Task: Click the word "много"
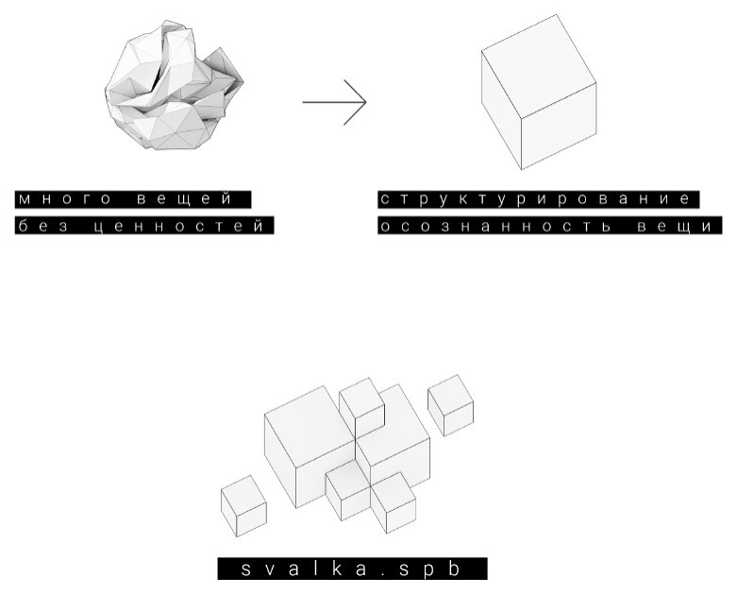[x=64, y=199]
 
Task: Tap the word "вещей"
[x=185, y=199]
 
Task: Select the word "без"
[x=42, y=226]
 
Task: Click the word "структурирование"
[x=535, y=199]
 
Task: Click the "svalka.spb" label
[x=352, y=569]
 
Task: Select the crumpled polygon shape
[x=174, y=86]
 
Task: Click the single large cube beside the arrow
[x=539, y=93]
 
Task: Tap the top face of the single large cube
[x=539, y=66]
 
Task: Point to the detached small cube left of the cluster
[x=243, y=505]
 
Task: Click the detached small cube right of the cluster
[x=450, y=405]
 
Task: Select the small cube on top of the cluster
[x=362, y=408]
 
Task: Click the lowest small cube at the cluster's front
[x=394, y=502]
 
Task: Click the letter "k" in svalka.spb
[x=338, y=569]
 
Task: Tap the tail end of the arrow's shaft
[x=303, y=102]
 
